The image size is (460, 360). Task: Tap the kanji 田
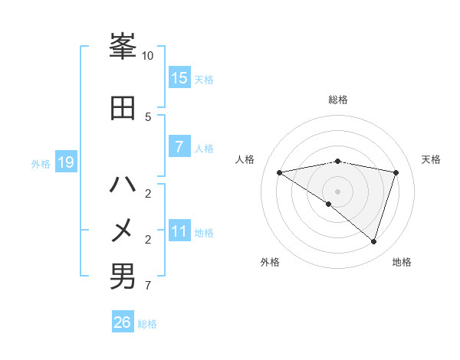[x=123, y=108]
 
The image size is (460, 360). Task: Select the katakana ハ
[x=123, y=185]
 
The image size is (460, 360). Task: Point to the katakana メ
[x=123, y=229]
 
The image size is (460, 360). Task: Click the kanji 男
[x=123, y=277]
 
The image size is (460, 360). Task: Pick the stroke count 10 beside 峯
[x=148, y=56]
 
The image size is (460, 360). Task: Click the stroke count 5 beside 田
[x=148, y=116]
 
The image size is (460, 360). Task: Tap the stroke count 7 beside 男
[x=148, y=286]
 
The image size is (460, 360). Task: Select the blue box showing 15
[x=179, y=78]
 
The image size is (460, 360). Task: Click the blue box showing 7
[x=179, y=147]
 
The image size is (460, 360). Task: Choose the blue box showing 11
[x=179, y=232]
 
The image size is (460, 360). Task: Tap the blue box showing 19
[x=65, y=162]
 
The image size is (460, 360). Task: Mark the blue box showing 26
[x=123, y=322]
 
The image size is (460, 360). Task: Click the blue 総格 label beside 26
[x=147, y=324]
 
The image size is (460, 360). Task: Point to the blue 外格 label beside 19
[x=41, y=164]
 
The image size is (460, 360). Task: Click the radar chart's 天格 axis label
[x=432, y=159]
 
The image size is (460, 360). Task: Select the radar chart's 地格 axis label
[x=402, y=262]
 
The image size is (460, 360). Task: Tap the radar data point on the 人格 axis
[x=279, y=172]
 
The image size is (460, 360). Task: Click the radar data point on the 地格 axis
[x=374, y=241]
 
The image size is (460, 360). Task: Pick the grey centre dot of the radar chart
[x=337, y=191]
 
